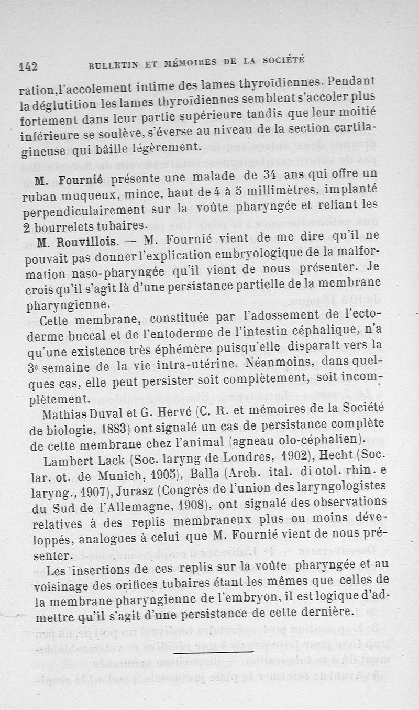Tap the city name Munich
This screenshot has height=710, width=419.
coord(128,477)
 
